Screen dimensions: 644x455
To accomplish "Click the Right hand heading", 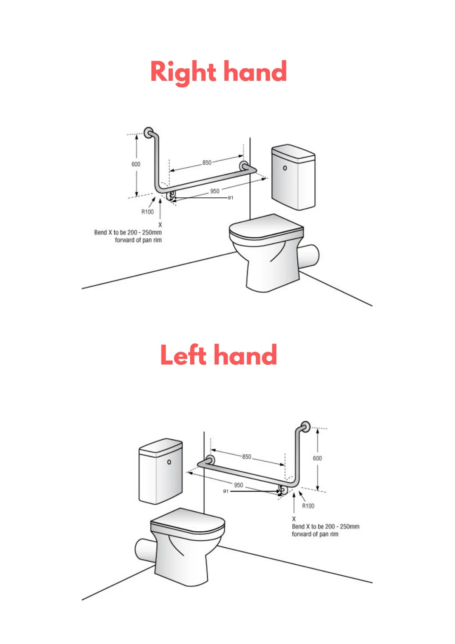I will (x=218, y=72).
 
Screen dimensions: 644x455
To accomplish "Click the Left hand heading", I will (x=218, y=355).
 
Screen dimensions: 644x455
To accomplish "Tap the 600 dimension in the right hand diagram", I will (x=136, y=164).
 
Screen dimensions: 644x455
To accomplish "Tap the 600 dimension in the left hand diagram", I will (x=317, y=458).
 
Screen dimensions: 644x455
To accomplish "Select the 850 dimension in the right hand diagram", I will (x=207, y=162).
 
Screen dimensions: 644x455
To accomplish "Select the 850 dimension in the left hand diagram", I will (x=246, y=457).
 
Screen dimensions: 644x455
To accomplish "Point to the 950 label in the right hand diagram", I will (x=215, y=191).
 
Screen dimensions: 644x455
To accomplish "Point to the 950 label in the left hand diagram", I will (x=238, y=485).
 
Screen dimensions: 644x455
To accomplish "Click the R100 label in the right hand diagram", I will (x=147, y=212).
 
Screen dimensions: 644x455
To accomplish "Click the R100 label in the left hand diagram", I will (x=308, y=506).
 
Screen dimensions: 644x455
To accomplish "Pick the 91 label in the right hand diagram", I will (x=231, y=198).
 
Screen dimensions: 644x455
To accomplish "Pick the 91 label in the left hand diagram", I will (x=226, y=491).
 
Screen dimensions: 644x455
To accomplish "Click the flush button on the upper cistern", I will (x=285, y=168).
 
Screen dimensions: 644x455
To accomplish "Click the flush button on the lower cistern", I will (x=169, y=462).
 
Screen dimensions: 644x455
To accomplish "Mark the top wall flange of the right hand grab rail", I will (x=149, y=132).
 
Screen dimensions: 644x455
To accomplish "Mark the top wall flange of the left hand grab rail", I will (x=306, y=426).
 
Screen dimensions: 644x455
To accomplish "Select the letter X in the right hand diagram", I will (x=160, y=225).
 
